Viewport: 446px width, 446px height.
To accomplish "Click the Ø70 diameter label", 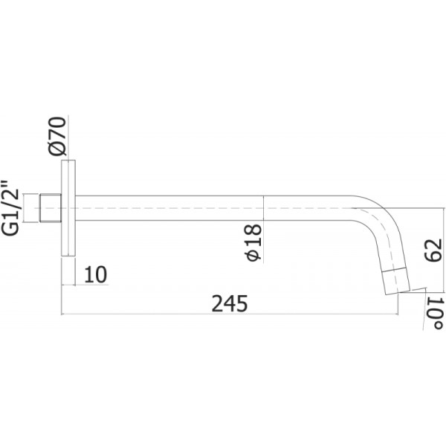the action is point(57,136).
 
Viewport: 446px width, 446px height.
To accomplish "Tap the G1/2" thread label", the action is point(10,207).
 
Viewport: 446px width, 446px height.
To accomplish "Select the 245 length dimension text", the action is point(230,303).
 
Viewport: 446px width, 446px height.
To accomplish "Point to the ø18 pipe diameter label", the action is point(253,242).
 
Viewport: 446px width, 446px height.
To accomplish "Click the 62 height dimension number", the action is point(433,250).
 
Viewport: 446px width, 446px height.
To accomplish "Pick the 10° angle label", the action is point(435,313).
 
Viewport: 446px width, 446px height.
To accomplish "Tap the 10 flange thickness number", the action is point(96,274).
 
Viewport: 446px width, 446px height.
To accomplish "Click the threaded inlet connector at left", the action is point(50,207).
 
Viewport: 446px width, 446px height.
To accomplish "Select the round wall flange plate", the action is point(68,208).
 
